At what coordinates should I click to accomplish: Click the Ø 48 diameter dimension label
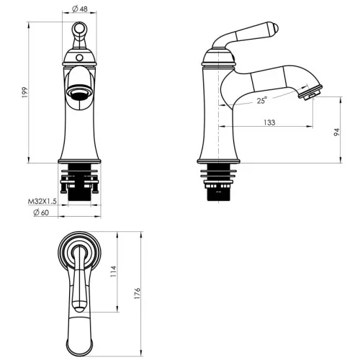pos(80,9)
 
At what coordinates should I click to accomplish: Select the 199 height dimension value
pos(24,92)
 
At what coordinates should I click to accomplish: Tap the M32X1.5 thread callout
pos(42,201)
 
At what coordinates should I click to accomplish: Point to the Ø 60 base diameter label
pos(41,212)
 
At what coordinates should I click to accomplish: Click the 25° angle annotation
pos(262,100)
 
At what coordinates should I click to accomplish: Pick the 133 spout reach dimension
pos(269,122)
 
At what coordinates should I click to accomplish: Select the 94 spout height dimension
pos(337,132)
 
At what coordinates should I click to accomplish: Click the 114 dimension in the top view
pos(113,271)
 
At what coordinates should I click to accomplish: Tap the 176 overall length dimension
pos(137,293)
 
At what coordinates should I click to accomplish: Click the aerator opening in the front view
pos(79,92)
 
